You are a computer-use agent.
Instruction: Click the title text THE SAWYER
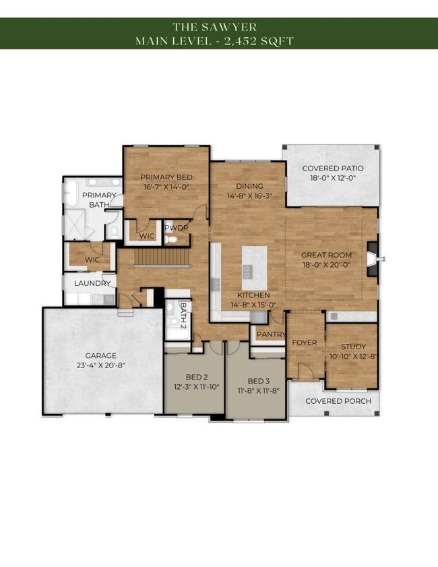point(215,27)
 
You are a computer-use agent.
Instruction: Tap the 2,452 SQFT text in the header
point(259,41)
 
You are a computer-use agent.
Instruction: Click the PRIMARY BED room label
point(166,177)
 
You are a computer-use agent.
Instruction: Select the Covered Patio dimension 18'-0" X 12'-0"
point(333,178)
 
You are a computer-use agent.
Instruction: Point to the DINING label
point(249,186)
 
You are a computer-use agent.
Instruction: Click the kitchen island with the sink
point(255,263)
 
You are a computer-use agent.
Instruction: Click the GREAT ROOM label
point(326,255)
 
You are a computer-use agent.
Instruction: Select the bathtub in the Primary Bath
point(71,193)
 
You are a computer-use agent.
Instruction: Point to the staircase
point(162,257)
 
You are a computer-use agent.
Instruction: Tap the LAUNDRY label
point(92,283)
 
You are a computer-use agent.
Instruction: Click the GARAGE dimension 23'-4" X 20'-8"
point(100,365)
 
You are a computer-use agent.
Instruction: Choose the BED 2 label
point(197,377)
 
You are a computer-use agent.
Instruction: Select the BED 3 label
point(258,381)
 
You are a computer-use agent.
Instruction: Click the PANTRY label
point(271,334)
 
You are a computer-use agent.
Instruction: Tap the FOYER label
point(305,342)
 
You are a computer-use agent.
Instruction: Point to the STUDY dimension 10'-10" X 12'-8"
point(354,356)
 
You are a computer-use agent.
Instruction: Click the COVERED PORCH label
point(338,401)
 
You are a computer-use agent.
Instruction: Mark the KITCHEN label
point(253,295)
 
